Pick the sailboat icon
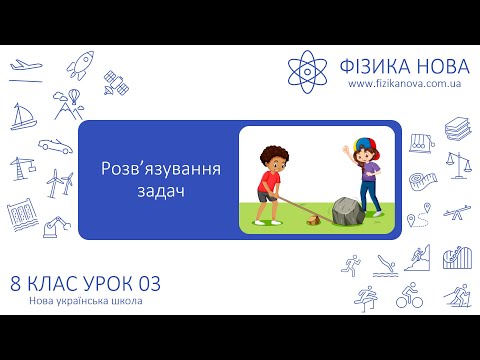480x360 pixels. [x=23, y=117]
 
